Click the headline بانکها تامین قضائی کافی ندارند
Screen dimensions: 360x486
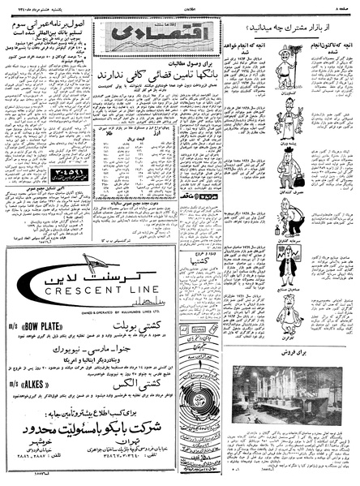pyautogui.click(x=138, y=77)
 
